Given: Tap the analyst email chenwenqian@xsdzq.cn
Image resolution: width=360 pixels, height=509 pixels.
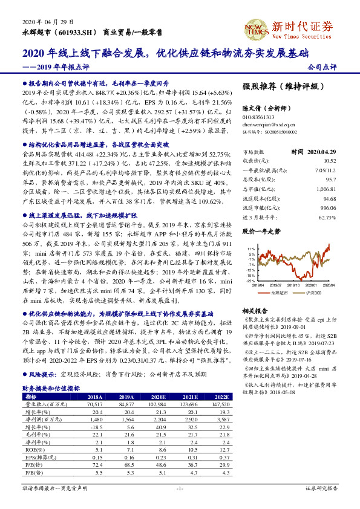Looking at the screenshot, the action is [x=264, y=123].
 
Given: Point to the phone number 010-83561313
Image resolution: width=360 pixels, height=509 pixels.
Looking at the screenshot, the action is [x=258, y=116].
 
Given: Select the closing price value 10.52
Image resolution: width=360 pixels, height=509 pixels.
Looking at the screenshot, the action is [x=329, y=161].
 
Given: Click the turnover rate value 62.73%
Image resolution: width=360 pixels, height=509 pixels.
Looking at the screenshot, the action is [x=326, y=217].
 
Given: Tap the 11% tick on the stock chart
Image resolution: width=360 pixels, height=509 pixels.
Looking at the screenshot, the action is [x=250, y=248].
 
